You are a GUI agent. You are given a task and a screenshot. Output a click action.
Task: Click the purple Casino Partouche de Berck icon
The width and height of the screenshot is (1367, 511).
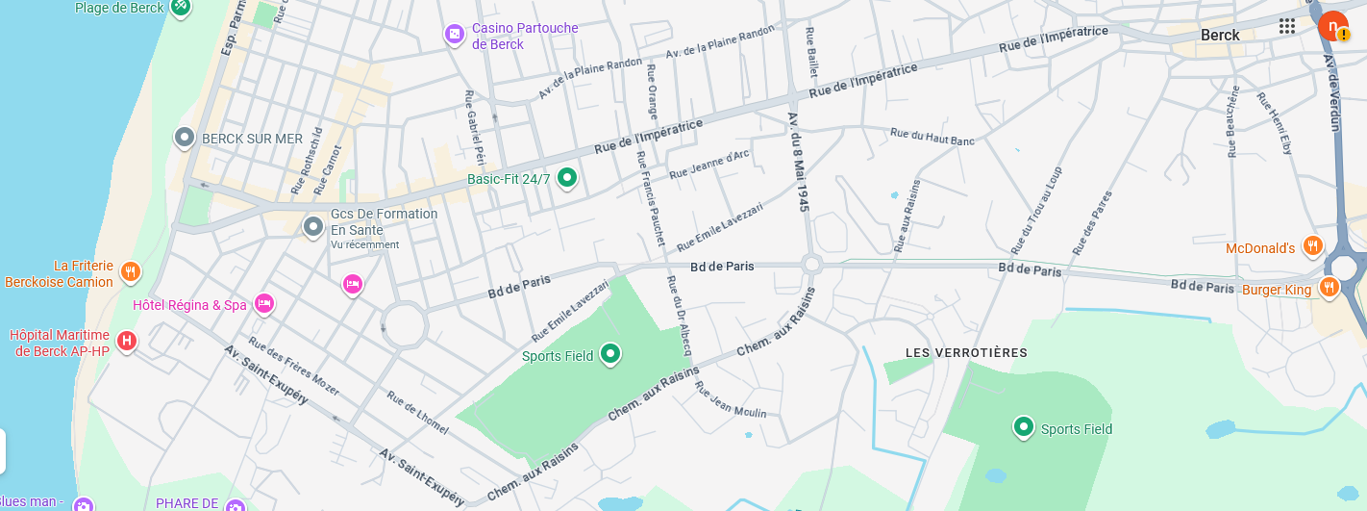455,35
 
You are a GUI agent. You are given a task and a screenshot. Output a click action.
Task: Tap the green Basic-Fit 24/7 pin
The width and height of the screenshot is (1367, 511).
567,177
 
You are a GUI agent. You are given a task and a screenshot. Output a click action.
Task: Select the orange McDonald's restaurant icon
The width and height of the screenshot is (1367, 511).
1312,246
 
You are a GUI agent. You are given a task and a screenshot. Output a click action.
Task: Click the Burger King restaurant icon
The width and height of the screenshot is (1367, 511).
1329,286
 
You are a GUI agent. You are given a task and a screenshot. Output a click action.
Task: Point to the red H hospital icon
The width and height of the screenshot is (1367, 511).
126,340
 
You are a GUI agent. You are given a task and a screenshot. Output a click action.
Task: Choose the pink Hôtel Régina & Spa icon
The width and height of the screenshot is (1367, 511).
264,304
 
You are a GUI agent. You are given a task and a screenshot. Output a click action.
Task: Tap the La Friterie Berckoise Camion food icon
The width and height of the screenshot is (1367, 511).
131,271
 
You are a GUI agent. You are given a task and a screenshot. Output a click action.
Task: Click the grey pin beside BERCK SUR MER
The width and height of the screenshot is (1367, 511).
184,138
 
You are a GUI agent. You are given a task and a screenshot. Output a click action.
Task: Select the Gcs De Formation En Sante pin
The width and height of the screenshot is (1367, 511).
312,227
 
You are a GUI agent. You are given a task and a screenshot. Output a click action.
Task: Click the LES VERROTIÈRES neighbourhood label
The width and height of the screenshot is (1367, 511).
966,353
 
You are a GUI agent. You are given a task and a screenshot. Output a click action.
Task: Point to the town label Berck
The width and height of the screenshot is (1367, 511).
1220,36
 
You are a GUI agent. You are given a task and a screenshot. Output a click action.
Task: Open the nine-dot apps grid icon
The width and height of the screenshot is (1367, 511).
1287,26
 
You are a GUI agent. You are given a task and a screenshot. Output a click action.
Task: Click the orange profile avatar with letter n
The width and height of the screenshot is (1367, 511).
1332,26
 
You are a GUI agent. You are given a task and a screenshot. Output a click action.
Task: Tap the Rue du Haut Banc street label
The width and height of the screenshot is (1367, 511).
932,137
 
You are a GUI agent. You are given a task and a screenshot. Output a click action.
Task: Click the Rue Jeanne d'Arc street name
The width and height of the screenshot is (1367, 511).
708,164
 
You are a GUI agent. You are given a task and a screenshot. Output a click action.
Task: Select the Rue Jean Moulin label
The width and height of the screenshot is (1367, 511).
731,399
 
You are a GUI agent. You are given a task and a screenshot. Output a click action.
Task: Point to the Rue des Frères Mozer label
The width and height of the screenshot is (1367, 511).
293,366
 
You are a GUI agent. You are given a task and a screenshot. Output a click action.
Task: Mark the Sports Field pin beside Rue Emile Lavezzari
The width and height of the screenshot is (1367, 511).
609,354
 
